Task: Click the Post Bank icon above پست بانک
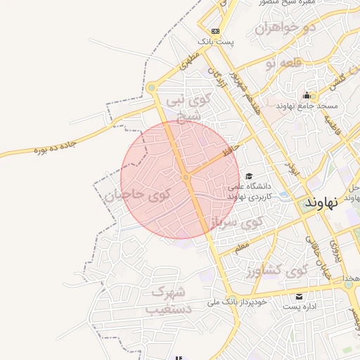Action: pyautogui.click(x=215, y=31)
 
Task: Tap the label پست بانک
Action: pyautogui.click(x=215, y=42)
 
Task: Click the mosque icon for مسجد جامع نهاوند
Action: pyautogui.click(x=306, y=96)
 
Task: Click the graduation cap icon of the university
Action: pyautogui.click(x=249, y=176)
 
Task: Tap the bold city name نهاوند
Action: pyautogui.click(x=321, y=201)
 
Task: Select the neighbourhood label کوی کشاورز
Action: pyautogui.click(x=279, y=270)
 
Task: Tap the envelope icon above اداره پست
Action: pyautogui.click(x=300, y=296)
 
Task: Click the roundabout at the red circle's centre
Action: pyautogui.click(x=186, y=179)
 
